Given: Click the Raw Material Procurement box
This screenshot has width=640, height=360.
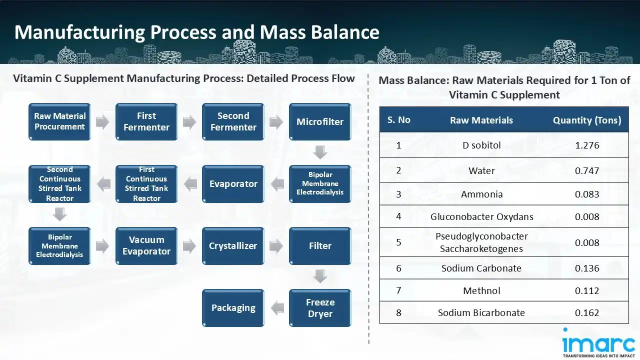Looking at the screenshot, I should (x=59, y=121).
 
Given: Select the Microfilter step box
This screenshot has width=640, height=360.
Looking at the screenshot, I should (x=320, y=121).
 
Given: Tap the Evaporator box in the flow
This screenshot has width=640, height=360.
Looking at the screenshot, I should (x=233, y=183).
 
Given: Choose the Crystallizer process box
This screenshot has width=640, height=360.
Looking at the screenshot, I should (x=233, y=245).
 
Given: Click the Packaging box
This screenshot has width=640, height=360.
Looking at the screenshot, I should (x=233, y=307).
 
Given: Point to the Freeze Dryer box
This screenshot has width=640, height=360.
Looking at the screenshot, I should (x=320, y=307).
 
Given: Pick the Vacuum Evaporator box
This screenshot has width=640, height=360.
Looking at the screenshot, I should (x=146, y=245).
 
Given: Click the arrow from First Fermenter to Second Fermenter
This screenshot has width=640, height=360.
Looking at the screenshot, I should (x=189, y=121).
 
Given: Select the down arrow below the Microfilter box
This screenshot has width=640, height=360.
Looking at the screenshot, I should (x=320, y=152).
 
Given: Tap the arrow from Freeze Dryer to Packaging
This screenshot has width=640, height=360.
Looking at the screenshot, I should (x=276, y=307).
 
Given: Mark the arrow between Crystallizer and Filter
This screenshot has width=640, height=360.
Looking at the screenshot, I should (x=276, y=245).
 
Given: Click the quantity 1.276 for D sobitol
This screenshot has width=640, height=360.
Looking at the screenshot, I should (x=587, y=145).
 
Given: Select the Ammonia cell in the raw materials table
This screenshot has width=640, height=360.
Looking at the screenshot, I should (x=481, y=194).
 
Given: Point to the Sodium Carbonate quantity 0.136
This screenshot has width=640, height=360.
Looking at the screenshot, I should (x=587, y=268).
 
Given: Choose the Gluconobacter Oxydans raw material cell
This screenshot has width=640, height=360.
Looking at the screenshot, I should (x=481, y=216).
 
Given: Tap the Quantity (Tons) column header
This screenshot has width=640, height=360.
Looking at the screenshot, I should (x=587, y=120).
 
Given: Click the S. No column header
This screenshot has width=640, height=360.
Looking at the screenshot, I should (x=398, y=120).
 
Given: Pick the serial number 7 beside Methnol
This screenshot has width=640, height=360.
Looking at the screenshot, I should (x=398, y=290).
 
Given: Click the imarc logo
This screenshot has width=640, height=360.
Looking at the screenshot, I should (x=598, y=344).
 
